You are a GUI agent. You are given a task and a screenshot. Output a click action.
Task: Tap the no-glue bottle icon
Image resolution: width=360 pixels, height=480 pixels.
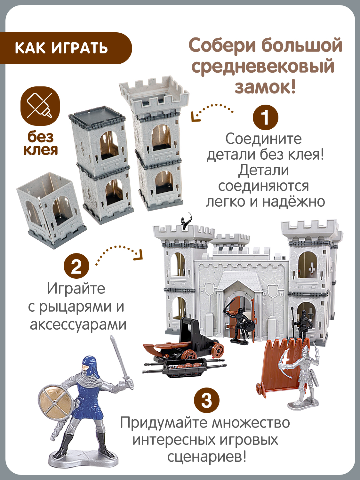40,106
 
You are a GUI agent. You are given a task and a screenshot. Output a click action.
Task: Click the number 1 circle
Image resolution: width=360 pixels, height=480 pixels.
265,117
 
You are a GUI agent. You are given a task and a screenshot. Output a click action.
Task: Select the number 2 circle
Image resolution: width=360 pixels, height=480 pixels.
76,266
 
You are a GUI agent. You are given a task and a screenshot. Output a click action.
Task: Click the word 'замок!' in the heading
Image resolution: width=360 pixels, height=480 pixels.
265,87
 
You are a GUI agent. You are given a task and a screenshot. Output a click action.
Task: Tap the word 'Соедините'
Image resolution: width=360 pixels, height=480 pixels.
263,139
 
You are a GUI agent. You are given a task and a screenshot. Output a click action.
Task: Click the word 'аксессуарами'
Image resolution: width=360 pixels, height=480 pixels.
78,324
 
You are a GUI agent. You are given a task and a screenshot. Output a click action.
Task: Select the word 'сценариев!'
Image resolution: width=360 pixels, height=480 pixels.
207,456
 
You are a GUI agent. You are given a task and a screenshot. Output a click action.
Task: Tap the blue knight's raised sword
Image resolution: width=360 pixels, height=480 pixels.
120,358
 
